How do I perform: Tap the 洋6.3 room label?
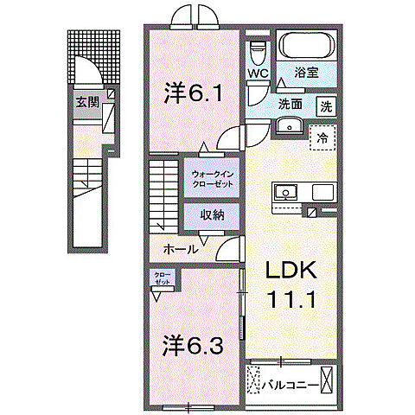tap(195, 346)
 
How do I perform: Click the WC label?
tap(258, 73)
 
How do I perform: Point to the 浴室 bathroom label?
tap(307, 73)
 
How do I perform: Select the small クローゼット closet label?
tap(163, 279)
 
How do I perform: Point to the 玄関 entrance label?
tap(86, 101)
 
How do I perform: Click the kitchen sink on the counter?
tap(286, 192)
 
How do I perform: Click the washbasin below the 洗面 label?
tap(289, 127)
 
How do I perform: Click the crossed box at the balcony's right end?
tap(328, 380)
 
